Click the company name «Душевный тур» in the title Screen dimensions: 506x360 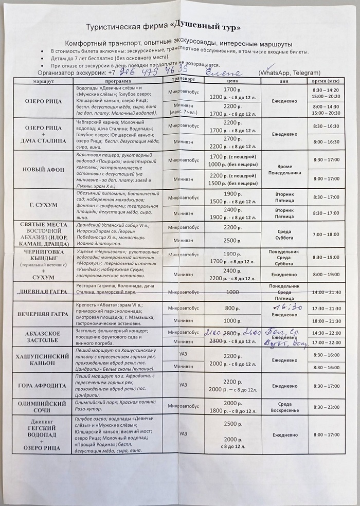point(211,26)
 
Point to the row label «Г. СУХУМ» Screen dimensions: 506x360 point(43,204)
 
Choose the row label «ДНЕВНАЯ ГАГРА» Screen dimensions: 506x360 point(43,292)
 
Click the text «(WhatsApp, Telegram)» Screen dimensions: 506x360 point(290,73)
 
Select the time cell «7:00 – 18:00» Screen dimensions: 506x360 point(326,234)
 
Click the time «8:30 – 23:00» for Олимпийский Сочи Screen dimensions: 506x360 point(326,407)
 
